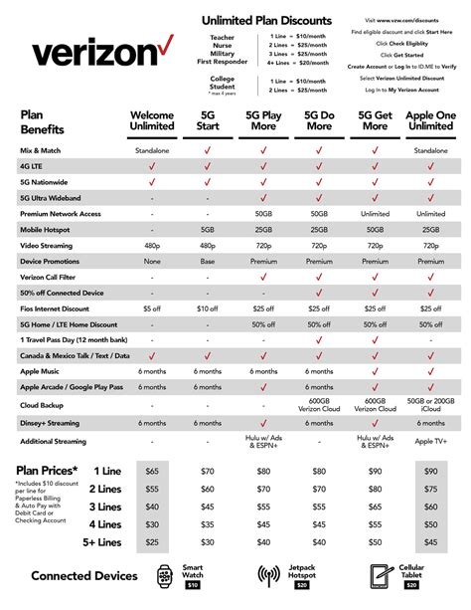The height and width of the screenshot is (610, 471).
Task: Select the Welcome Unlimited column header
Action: coord(152,120)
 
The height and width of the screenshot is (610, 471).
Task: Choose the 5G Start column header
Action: coord(209,120)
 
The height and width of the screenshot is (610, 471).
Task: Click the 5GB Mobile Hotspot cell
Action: coord(209,227)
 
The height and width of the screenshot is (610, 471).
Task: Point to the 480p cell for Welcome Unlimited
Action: coord(152,243)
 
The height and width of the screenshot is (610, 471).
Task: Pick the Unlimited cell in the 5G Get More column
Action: coord(376,212)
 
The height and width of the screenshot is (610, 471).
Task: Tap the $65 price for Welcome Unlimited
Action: coord(152,470)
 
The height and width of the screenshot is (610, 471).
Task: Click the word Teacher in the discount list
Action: coord(242,37)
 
